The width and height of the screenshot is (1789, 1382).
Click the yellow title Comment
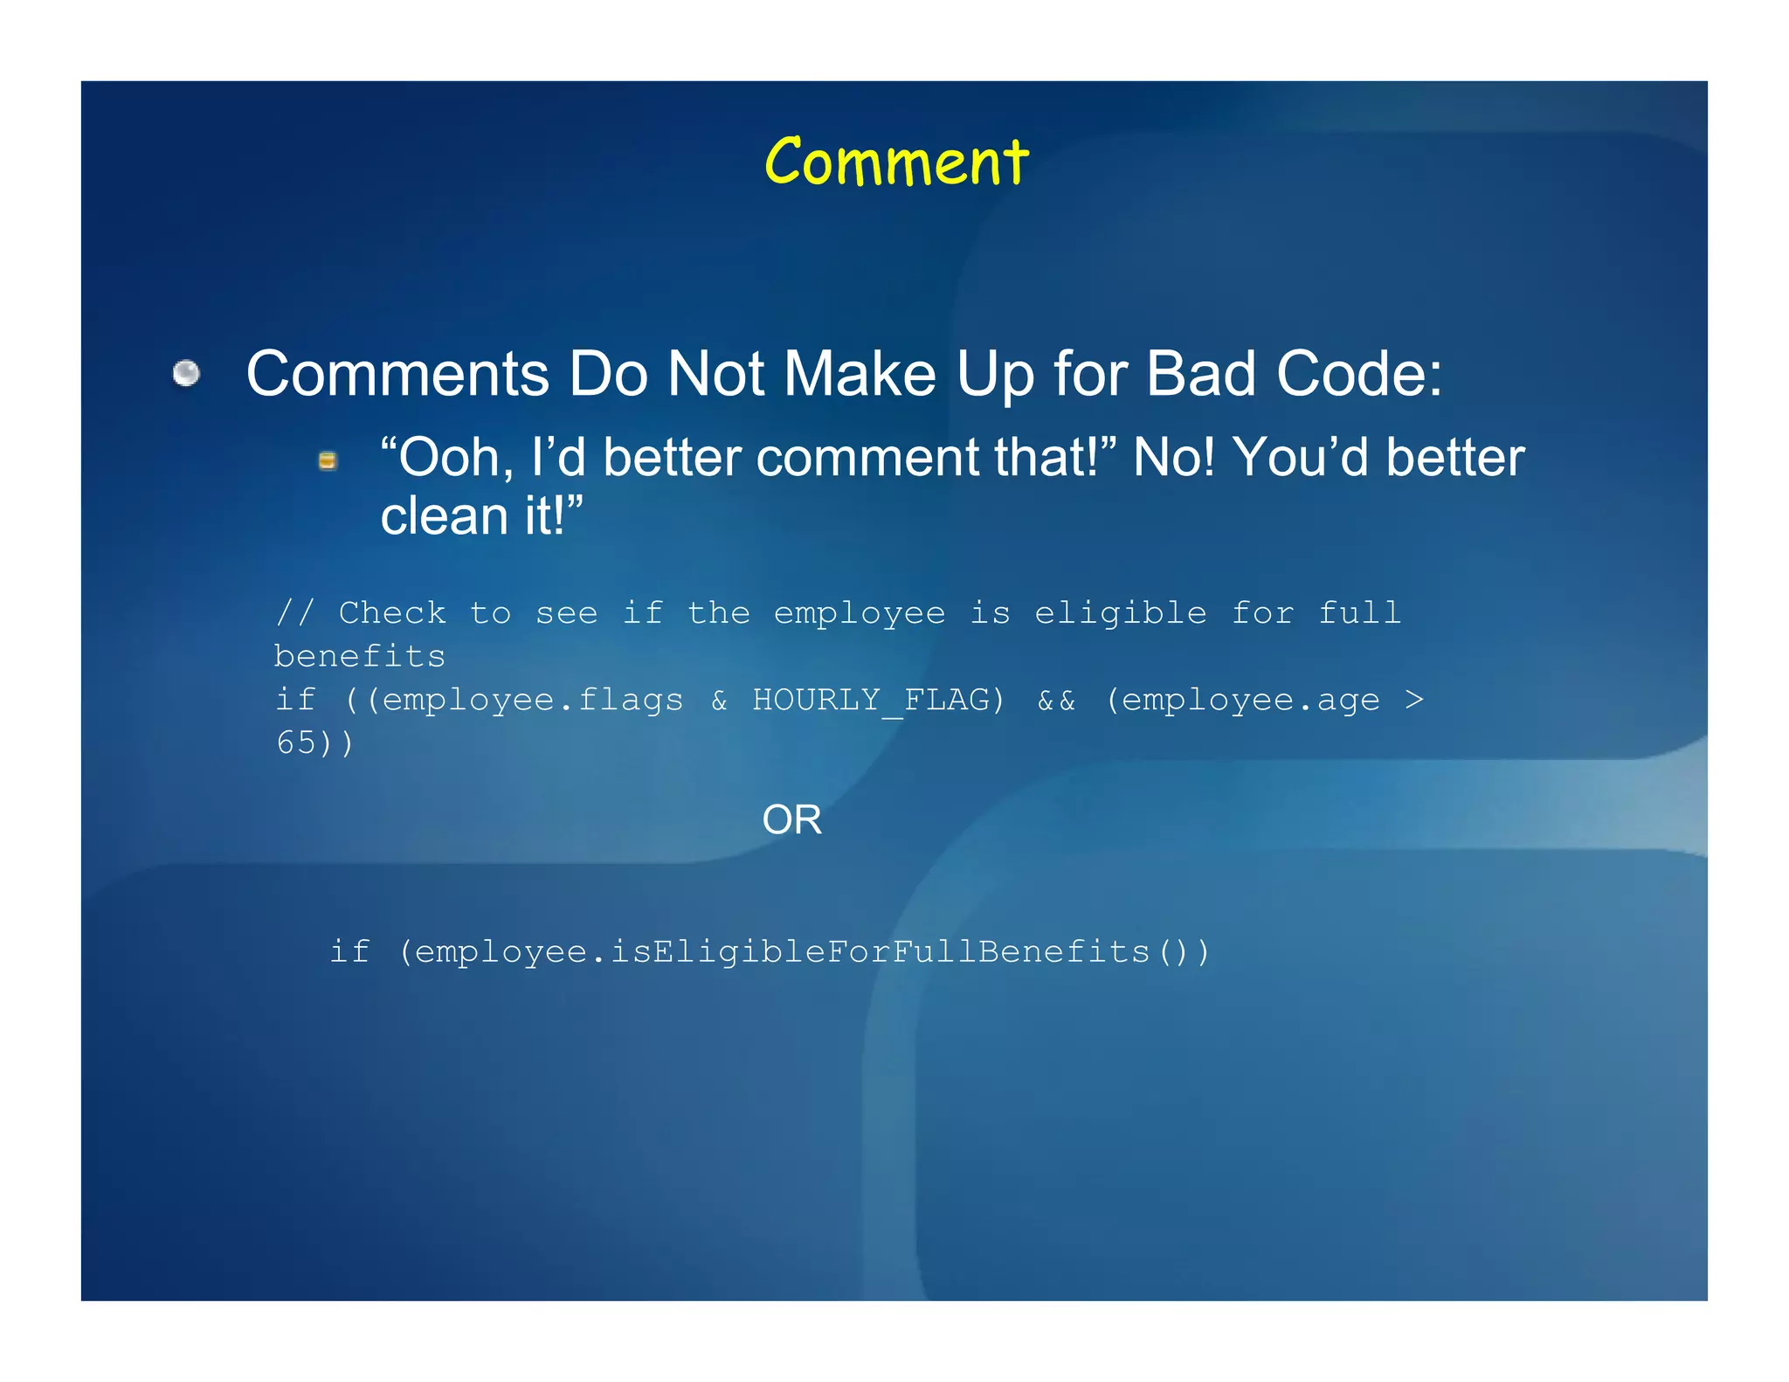click(896, 162)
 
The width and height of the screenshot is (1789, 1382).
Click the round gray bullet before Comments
click(186, 374)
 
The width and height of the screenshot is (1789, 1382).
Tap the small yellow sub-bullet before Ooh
click(328, 460)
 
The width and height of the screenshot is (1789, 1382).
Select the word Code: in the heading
click(1359, 374)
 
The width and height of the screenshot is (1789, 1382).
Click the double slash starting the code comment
click(294, 612)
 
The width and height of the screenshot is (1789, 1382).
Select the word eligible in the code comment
click(1121, 612)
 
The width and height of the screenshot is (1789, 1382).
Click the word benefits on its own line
click(360, 656)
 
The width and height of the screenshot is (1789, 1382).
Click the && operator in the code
click(1056, 700)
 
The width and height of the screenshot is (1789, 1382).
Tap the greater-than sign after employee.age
click(1414, 700)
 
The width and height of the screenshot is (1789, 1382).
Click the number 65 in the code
click(296, 743)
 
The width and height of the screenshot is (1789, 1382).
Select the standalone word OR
click(791, 819)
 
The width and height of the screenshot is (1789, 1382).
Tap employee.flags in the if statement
click(533, 700)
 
